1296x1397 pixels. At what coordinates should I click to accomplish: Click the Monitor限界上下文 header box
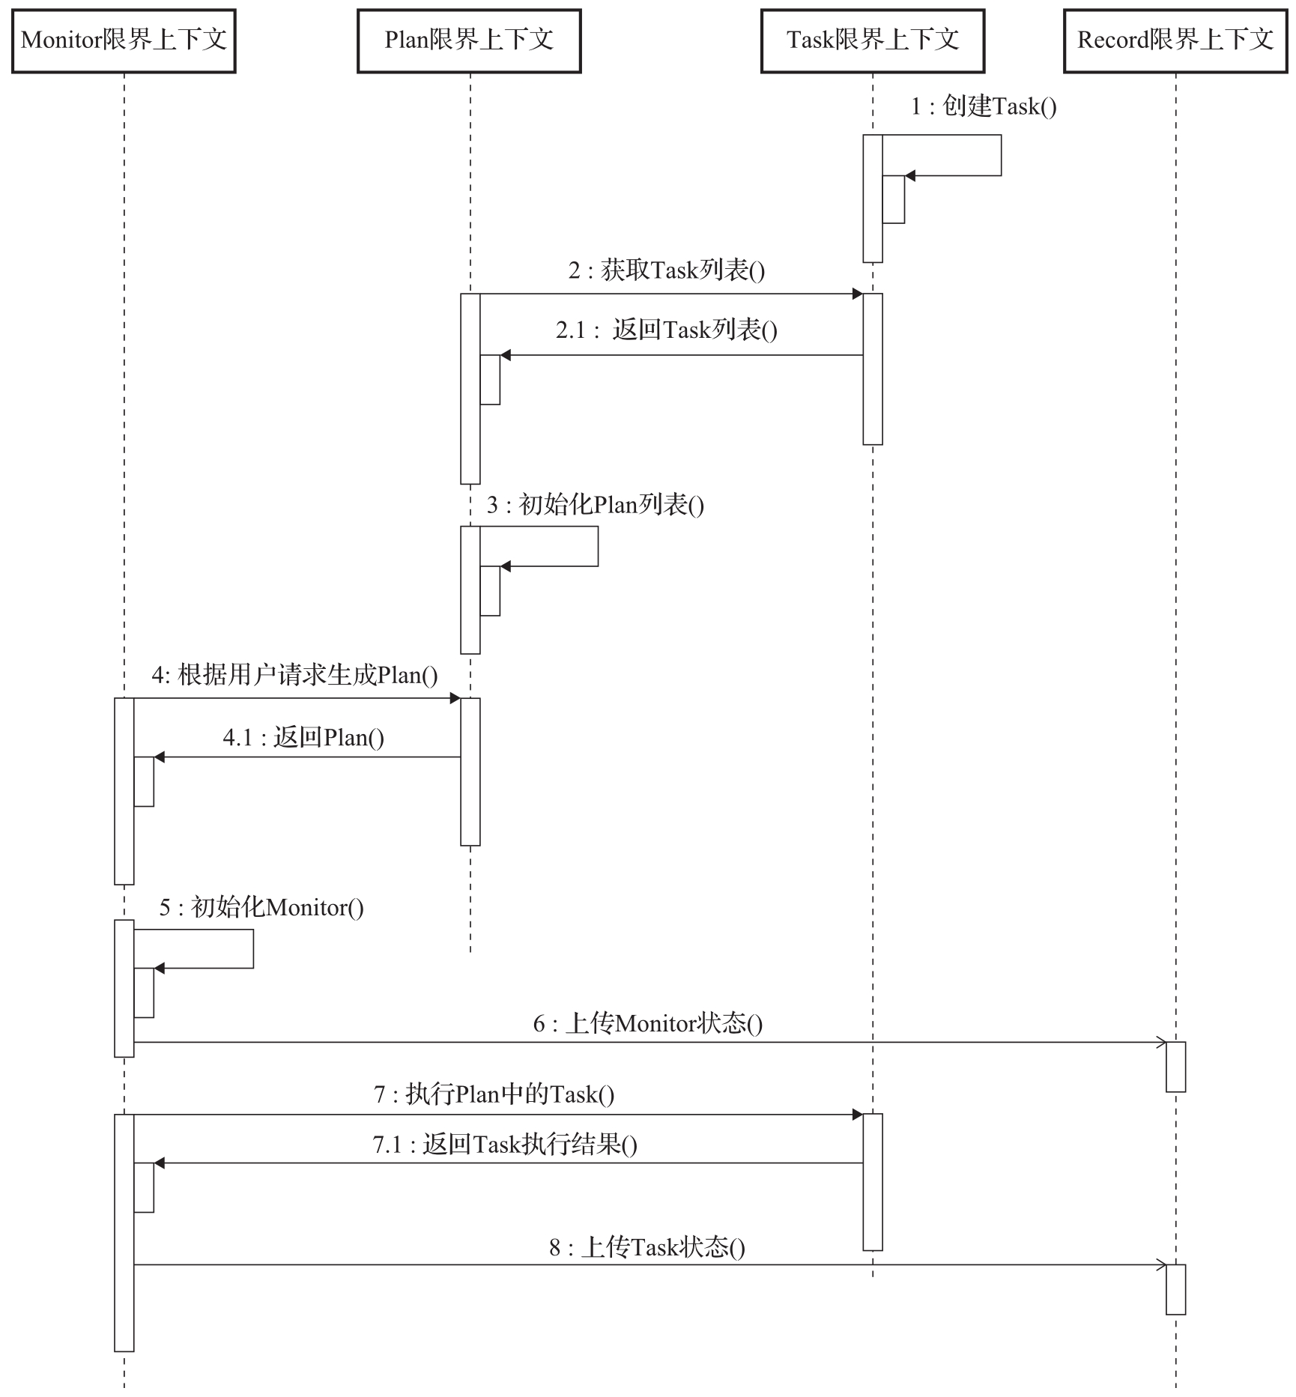coord(124,41)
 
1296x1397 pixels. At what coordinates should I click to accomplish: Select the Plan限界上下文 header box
coord(469,41)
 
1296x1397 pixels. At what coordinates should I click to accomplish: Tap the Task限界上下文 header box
coord(873,41)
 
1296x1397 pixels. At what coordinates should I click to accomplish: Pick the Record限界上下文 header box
coord(1175,41)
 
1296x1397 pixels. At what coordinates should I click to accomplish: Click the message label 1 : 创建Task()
coord(984,106)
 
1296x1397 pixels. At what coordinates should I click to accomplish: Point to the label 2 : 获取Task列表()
coord(667,270)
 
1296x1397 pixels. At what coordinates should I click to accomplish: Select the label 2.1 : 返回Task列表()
coord(667,330)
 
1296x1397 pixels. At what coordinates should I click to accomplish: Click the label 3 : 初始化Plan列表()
coord(596,505)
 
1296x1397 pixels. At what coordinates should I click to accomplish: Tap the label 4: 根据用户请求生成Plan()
coord(294,676)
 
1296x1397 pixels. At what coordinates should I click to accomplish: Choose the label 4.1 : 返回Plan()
coord(303,738)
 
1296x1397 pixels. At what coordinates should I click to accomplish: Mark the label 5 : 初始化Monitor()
coord(261,908)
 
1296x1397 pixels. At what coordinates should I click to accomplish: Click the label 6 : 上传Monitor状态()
coord(648,1024)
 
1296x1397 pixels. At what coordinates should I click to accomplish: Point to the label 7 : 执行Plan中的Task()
coord(494,1095)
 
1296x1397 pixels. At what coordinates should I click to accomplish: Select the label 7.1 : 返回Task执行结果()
coord(505,1145)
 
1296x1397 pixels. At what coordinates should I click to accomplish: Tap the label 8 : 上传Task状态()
coord(647,1247)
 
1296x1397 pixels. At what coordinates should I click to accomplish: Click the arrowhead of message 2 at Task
coord(858,294)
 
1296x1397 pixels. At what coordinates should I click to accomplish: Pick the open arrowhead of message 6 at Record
coord(1161,1042)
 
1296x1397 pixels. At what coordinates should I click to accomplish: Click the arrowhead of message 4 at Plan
coord(455,698)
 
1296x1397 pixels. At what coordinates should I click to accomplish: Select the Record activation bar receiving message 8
coord(1175,1289)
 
